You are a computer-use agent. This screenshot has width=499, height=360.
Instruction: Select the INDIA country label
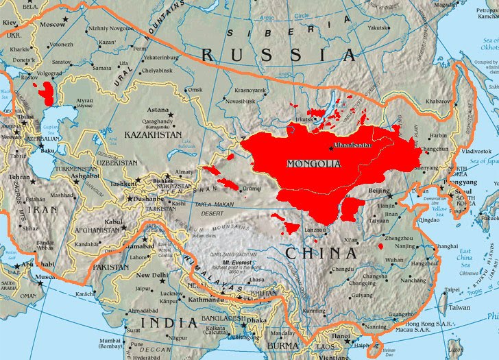point(167,322)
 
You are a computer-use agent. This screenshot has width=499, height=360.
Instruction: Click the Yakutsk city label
point(396,28)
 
